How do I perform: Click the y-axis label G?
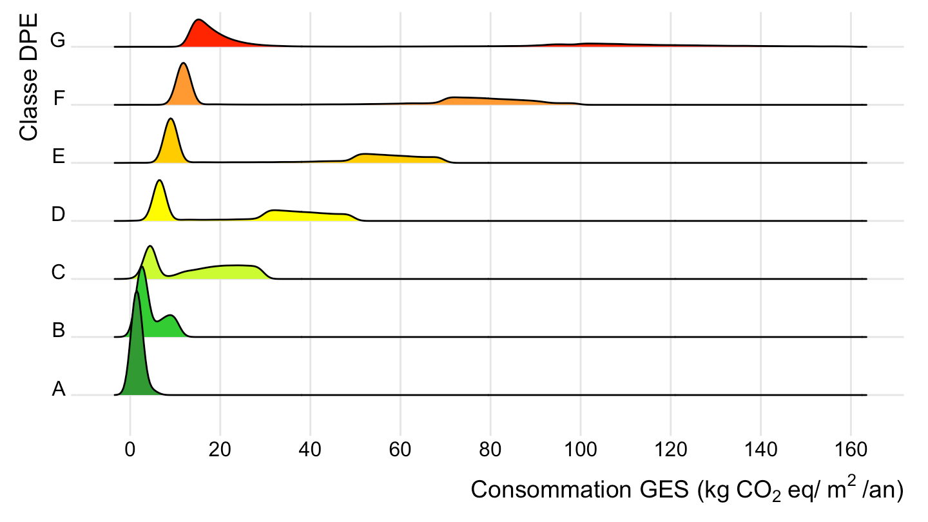pos(58,41)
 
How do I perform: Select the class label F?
pos(59,99)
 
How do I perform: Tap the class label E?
pos(59,157)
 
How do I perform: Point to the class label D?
pos(59,215)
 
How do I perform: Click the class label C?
pos(59,273)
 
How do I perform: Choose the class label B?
pos(59,331)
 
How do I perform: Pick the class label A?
pos(59,389)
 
